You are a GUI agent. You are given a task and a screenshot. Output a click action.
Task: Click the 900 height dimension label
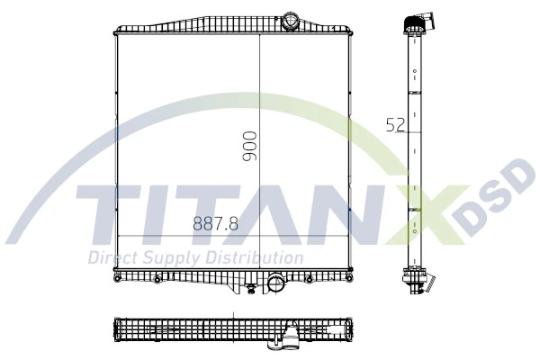click(250, 146)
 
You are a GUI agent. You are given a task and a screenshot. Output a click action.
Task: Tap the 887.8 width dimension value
click(215, 225)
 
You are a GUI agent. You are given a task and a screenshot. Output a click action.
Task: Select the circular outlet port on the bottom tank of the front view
click(274, 283)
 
